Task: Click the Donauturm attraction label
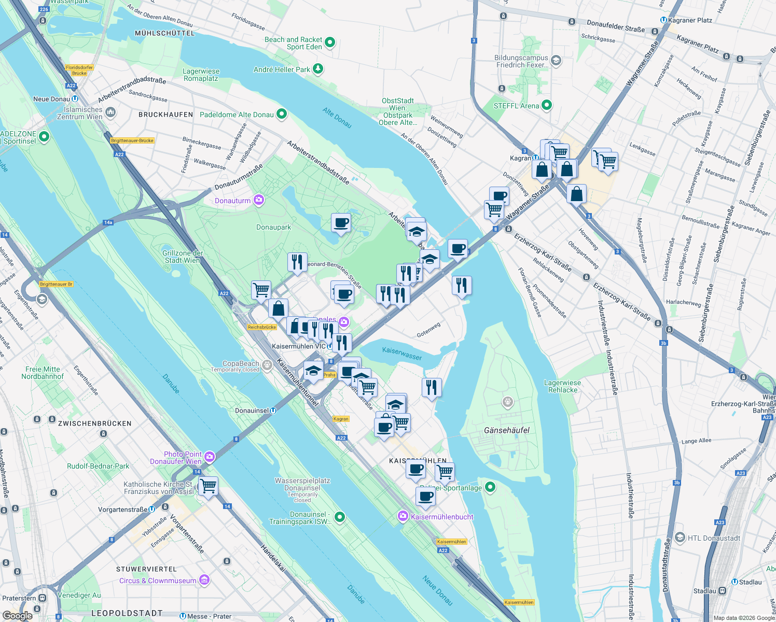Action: [233, 201]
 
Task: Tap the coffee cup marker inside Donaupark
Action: [341, 223]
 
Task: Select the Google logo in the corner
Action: [18, 615]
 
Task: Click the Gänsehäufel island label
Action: [507, 430]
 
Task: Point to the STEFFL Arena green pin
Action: [547, 105]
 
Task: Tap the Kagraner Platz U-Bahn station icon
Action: [663, 20]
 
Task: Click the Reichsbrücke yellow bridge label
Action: [262, 327]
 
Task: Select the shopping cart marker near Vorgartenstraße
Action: [208, 486]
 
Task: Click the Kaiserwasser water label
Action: [402, 354]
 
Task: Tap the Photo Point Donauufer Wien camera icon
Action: [210, 457]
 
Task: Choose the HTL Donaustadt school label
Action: [714, 538]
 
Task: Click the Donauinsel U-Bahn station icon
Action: [273, 411]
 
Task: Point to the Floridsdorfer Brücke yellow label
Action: [79, 70]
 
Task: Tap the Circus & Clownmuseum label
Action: [158, 581]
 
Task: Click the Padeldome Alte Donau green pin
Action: [282, 114]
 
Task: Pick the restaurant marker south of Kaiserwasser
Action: [432, 387]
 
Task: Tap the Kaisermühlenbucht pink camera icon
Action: [403, 516]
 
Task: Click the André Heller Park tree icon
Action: [318, 68]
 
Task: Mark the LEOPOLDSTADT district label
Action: [127, 613]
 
